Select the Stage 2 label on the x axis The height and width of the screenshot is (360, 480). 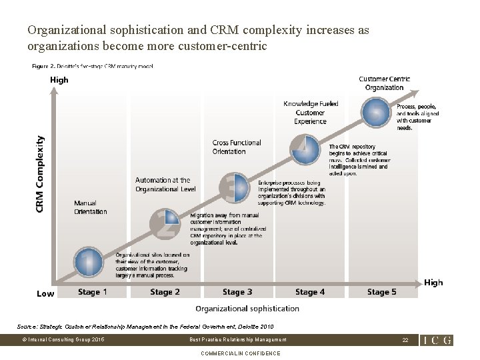click(165, 292)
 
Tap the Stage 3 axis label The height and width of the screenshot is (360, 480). click(237, 292)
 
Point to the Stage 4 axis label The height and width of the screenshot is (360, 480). click(310, 292)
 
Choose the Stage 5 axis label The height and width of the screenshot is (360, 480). click(382, 292)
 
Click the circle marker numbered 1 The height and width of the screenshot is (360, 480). click(88, 261)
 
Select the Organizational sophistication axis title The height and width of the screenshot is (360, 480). click(247, 309)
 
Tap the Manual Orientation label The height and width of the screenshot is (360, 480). click(90, 207)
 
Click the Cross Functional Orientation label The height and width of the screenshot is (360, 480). click(237, 147)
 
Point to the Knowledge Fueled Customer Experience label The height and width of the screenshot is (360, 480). click(310, 112)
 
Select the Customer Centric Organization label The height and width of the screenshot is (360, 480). click(384, 83)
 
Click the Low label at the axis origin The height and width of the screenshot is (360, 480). click(45, 293)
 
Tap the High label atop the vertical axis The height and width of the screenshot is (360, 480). click(59, 80)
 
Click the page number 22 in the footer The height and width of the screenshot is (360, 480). click(404, 340)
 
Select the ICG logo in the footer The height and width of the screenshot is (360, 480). click(437, 340)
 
